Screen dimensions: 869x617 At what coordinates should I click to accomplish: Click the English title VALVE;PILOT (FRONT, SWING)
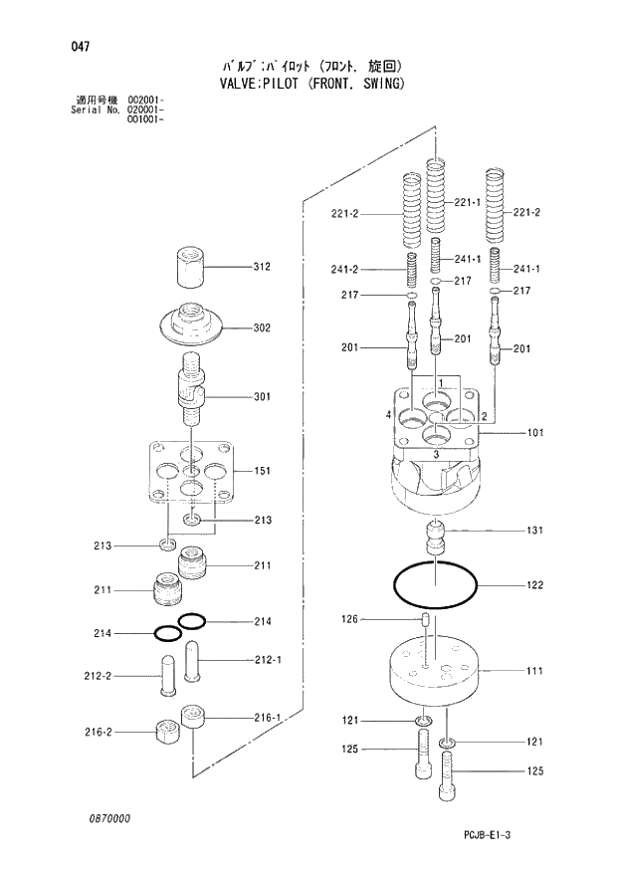coord(309,84)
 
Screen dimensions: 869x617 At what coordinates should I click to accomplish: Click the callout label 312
coord(262,267)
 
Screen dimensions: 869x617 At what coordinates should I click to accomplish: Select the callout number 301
coord(262,397)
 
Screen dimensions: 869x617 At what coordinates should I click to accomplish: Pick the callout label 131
coord(534,531)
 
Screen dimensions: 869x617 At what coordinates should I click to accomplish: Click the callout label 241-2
coord(344,269)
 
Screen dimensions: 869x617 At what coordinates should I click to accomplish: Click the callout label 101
coord(534,433)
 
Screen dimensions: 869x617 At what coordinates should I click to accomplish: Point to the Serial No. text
coord(97,109)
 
